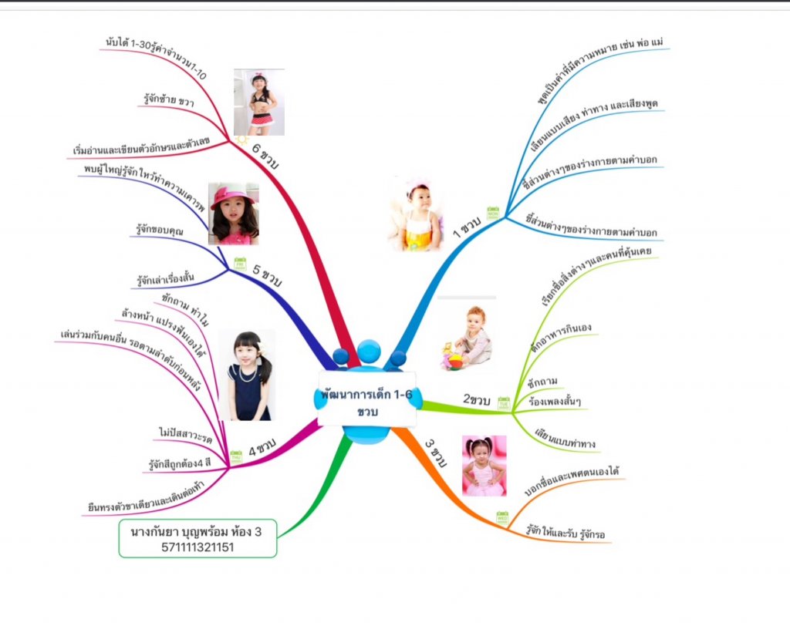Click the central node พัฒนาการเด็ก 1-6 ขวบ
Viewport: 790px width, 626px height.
pyautogui.click(x=366, y=402)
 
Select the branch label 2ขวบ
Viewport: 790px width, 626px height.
pyautogui.click(x=477, y=399)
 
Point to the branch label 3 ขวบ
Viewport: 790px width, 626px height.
pyautogui.click(x=436, y=454)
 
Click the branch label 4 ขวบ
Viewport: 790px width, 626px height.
pyautogui.click(x=262, y=446)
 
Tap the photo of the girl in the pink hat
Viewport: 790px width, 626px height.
pyautogui.click(x=234, y=214)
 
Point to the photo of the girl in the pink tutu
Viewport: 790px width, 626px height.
pyautogui.click(x=484, y=465)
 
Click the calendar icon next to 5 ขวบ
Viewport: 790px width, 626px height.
pyautogui.click(x=240, y=263)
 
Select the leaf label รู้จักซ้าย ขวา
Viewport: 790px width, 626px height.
pyautogui.click(x=168, y=100)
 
